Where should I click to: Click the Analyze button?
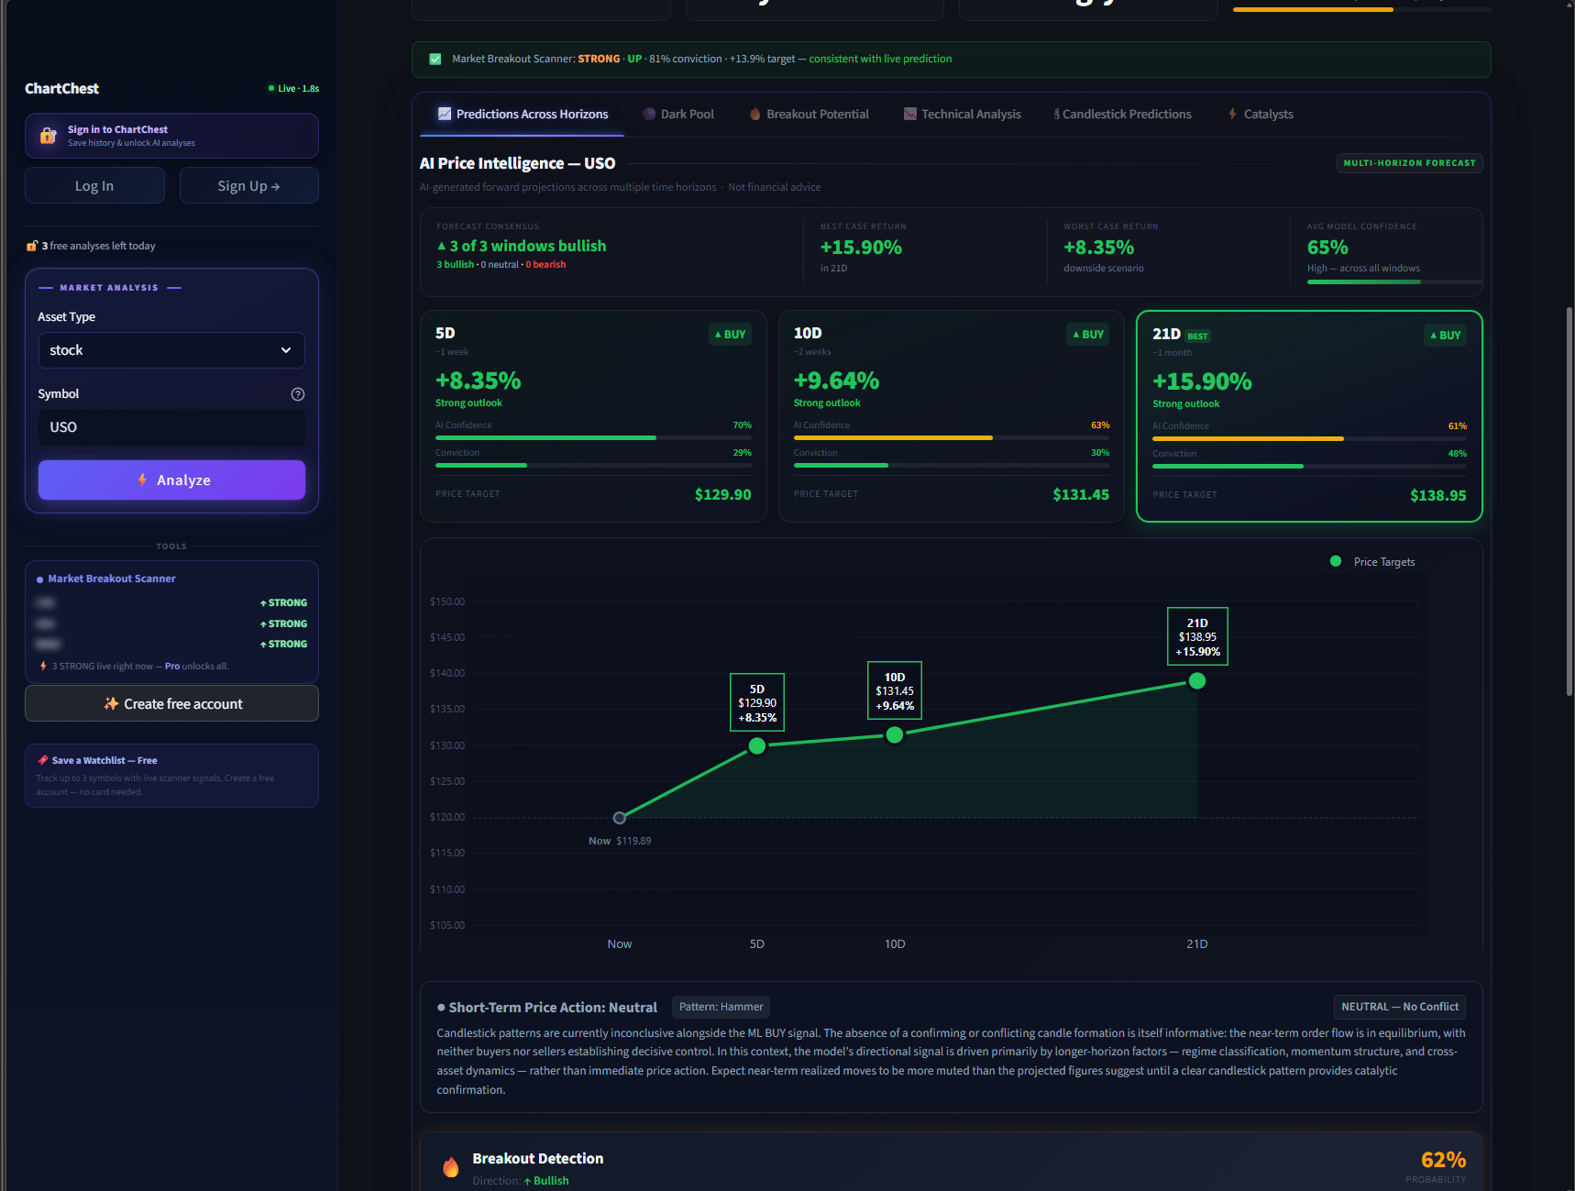171,480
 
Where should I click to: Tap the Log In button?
94,186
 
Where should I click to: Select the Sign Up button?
248,186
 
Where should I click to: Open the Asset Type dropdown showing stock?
171,350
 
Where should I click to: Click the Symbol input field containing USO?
171,427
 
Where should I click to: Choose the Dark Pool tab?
678,115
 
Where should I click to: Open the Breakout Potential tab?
809,115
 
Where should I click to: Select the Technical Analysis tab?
962,115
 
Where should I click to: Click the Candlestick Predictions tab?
1123,115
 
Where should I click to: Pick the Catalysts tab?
1261,115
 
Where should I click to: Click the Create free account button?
171,704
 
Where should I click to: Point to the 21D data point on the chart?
1197,681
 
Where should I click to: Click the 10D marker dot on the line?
895,734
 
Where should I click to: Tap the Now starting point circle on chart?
620,818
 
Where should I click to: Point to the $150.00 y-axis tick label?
447,601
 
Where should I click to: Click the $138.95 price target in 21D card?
1437,496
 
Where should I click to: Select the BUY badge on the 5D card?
731,335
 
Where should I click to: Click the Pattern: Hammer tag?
721,1007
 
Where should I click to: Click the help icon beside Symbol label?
298,394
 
